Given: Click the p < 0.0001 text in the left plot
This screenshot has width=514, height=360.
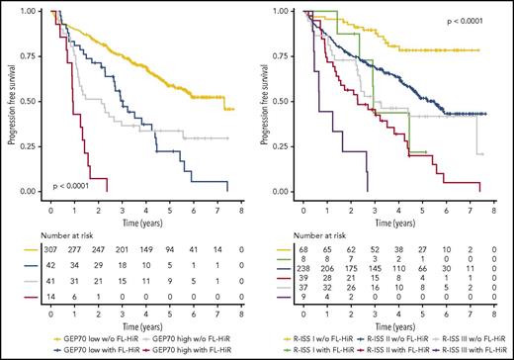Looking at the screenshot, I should (x=73, y=185).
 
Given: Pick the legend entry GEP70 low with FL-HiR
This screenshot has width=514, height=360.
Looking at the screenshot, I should (x=91, y=352).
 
